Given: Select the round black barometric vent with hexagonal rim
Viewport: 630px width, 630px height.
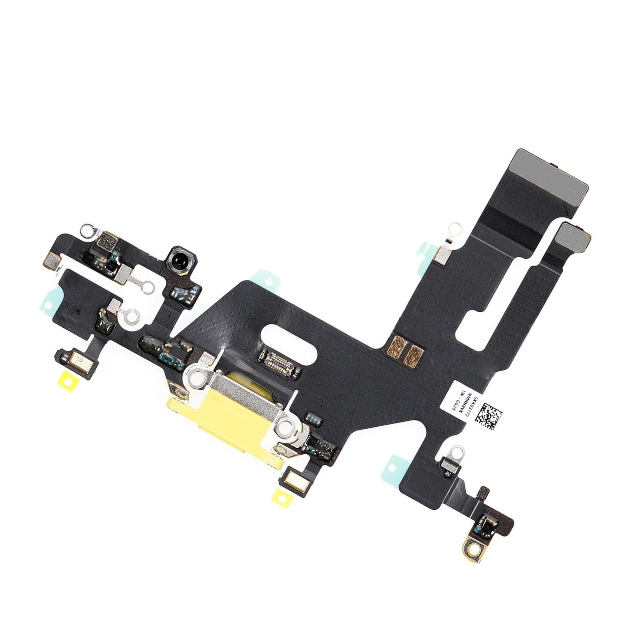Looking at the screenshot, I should [x=177, y=263].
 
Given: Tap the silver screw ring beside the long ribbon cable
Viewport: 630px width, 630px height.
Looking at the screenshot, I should [x=455, y=227].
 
